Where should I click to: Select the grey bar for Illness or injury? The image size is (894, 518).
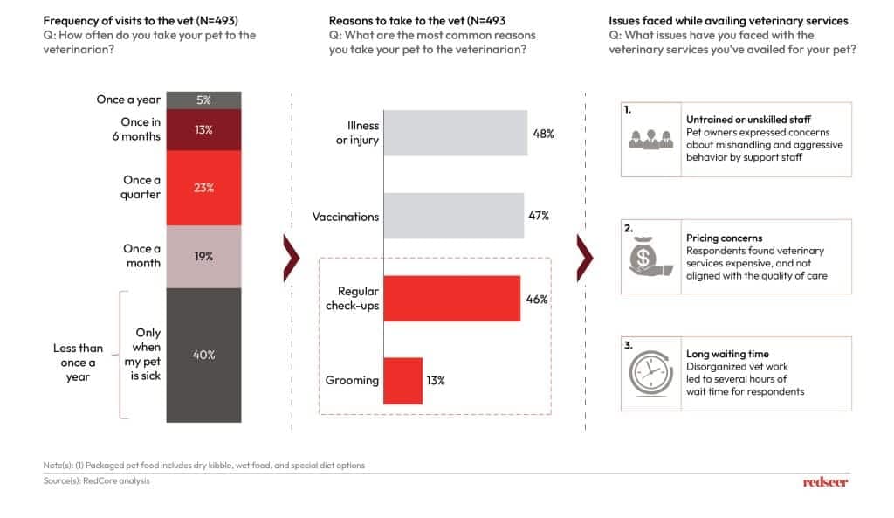[x=455, y=133]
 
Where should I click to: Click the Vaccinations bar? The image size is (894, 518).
[x=453, y=216]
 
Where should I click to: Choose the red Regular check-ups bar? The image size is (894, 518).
[x=451, y=299]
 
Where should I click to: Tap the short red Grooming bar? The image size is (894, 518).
[x=402, y=381]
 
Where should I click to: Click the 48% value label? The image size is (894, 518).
[x=544, y=134]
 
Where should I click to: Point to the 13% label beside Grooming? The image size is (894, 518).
[x=435, y=381]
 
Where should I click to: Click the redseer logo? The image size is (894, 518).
[x=825, y=481]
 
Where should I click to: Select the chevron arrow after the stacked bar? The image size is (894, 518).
[x=292, y=258]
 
